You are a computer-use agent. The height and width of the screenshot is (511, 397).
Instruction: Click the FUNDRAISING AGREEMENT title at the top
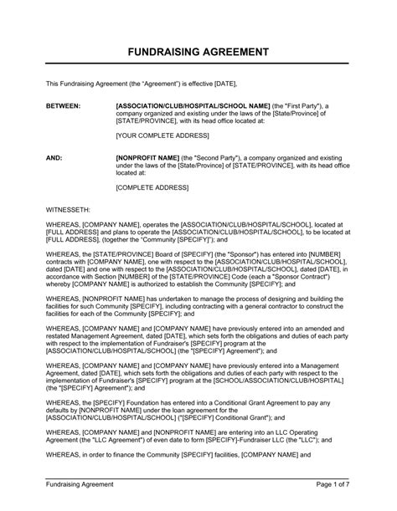pos(198,52)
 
